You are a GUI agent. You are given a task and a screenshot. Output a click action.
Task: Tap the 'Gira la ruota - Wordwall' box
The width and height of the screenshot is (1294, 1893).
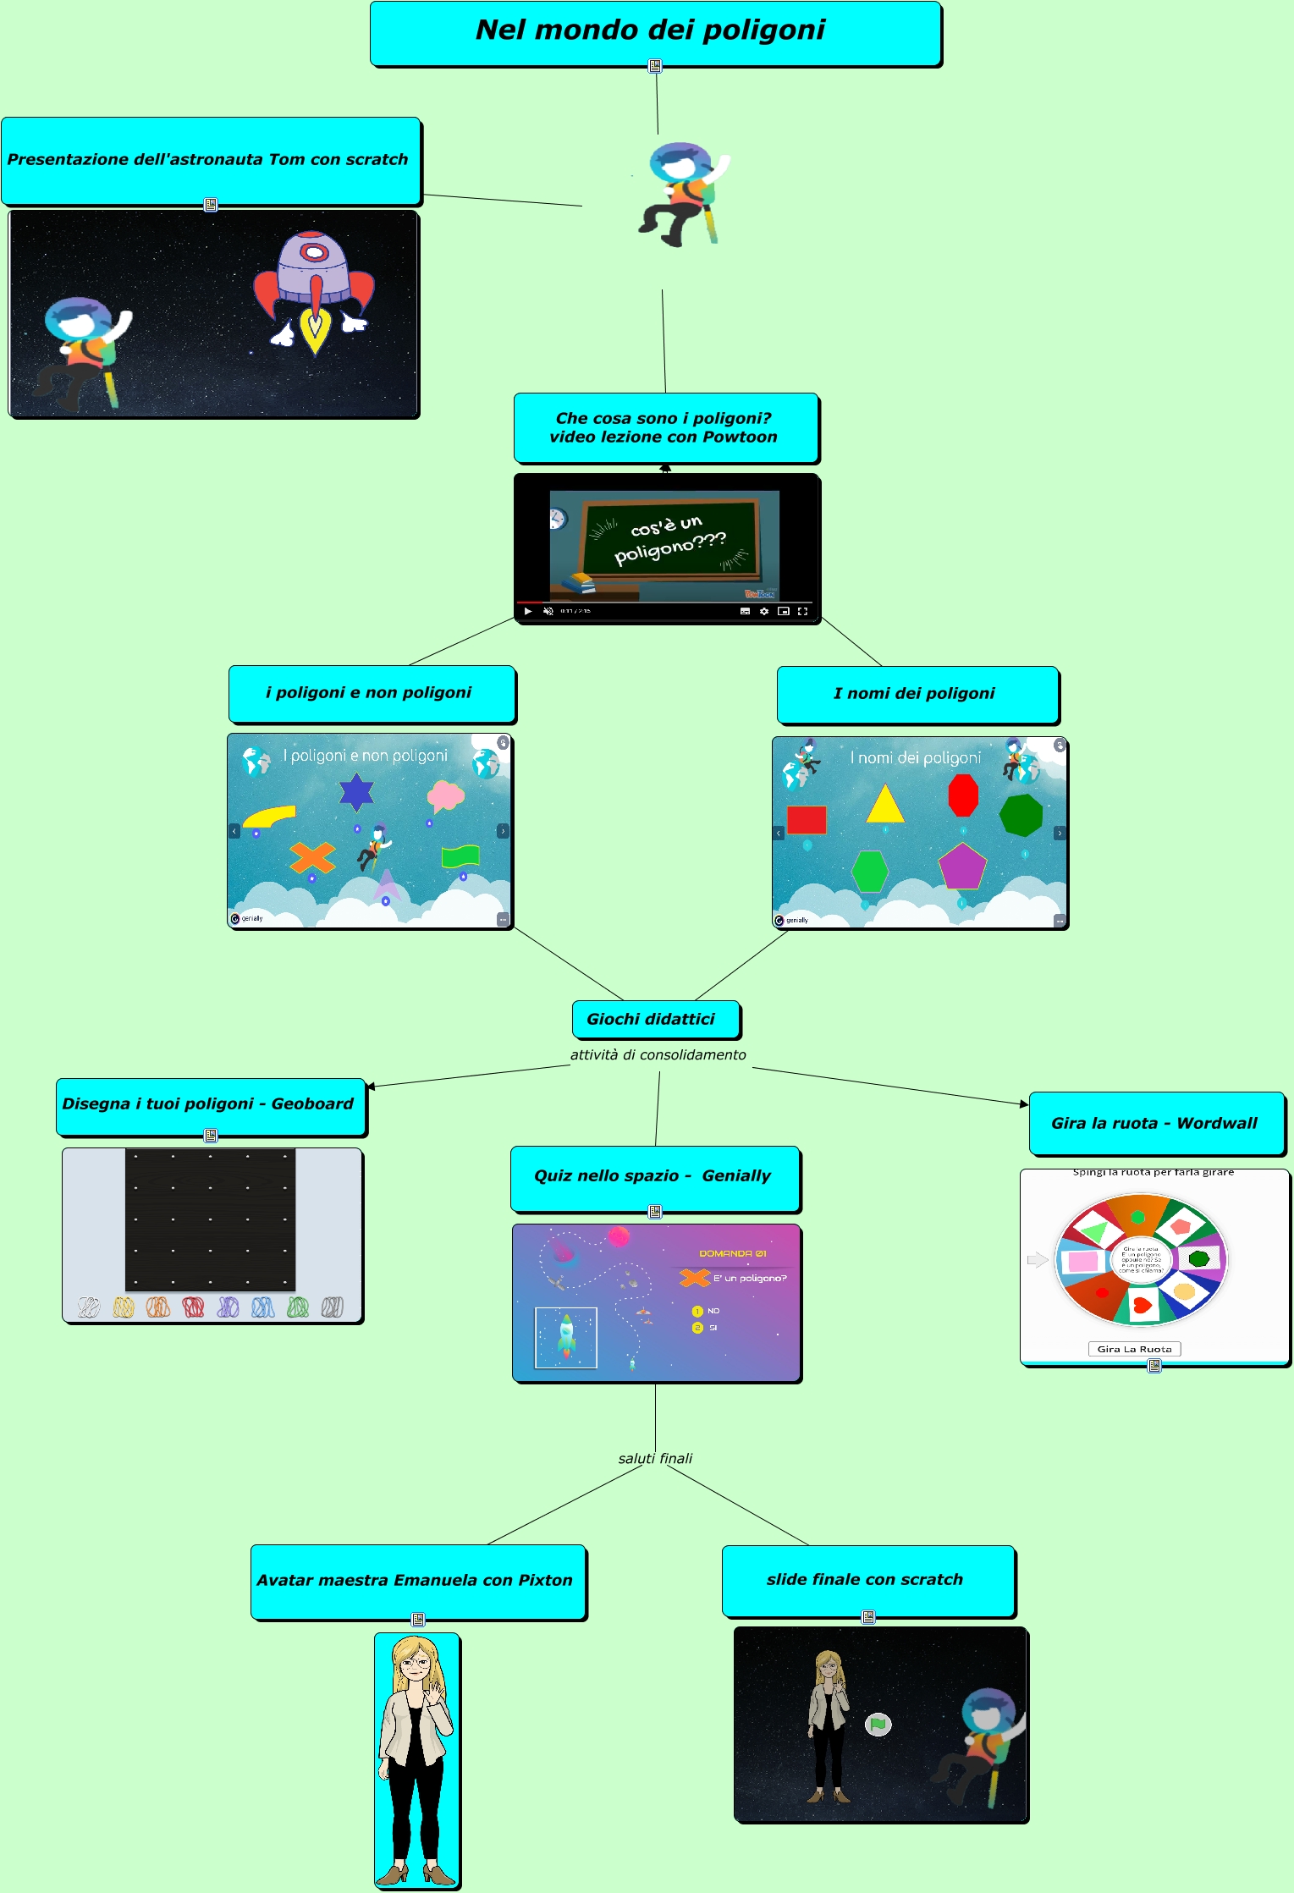click(1155, 1123)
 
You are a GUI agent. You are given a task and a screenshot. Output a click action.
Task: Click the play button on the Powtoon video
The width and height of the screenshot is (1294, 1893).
click(528, 611)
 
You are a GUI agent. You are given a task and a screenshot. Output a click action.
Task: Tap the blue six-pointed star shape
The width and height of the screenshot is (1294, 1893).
click(356, 792)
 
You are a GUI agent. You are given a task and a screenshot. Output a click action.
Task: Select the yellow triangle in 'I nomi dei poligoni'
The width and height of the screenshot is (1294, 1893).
click(885, 804)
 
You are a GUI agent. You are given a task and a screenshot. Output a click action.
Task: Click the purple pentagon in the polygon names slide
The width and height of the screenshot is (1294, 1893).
click(962, 867)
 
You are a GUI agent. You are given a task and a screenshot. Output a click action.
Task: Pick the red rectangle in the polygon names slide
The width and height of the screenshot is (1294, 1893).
click(807, 819)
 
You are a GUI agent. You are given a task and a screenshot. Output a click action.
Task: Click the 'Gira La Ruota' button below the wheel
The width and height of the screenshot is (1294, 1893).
click(1134, 1349)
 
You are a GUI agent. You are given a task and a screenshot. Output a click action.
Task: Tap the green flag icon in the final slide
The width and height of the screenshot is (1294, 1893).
click(878, 1724)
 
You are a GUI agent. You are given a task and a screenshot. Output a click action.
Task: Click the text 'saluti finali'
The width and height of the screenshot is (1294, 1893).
click(655, 1458)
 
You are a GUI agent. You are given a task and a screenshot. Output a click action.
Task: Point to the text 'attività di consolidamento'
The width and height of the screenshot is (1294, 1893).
click(658, 1054)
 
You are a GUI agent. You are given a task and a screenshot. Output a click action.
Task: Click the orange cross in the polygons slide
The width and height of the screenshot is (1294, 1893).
click(312, 858)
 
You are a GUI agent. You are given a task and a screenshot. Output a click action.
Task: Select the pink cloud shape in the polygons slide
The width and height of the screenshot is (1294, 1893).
click(445, 795)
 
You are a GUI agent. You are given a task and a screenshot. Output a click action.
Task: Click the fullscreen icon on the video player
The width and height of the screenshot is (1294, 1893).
click(802, 611)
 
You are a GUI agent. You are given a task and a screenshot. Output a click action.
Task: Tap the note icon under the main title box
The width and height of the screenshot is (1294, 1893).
click(655, 65)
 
